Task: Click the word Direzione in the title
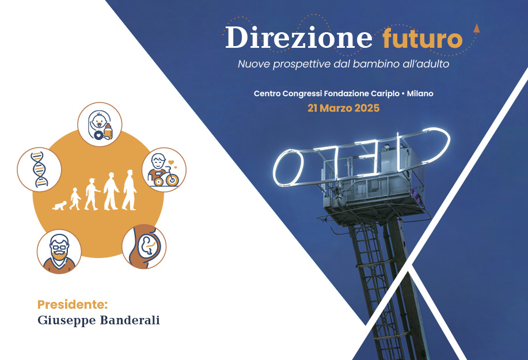coord(299,37)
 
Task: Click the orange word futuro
coord(423,38)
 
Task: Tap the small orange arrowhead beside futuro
coord(476,28)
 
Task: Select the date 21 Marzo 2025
coord(344,108)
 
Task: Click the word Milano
coord(420,93)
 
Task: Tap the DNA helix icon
coord(39,169)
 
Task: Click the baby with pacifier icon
coord(100,124)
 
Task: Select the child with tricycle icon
coord(164,170)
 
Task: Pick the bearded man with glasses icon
coord(59,252)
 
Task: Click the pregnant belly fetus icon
coord(144,247)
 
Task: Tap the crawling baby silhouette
coord(60,206)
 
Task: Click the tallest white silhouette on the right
coord(129,190)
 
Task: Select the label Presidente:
coord(73,305)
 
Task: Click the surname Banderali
coord(130,320)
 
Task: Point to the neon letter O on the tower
coord(288,168)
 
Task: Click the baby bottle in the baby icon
coord(108,131)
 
